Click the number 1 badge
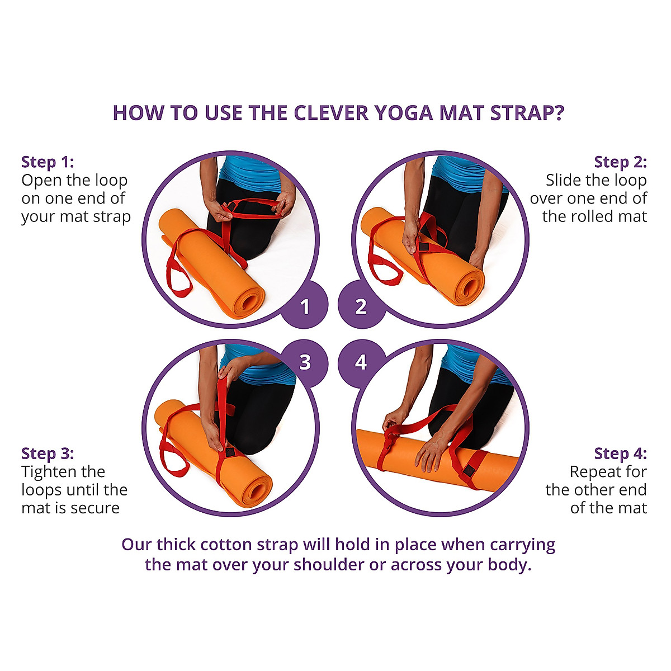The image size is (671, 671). coord(305,306)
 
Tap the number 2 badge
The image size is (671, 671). coord(361,306)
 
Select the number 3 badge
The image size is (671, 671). coord(305,362)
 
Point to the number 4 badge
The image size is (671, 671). coord(361,362)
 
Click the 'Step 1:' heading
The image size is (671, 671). coord(48,162)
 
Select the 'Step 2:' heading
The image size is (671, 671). coord(620,162)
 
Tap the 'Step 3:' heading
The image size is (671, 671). coord(48,453)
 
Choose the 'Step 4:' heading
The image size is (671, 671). coord(620,453)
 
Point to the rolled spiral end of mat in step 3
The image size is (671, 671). coord(255,492)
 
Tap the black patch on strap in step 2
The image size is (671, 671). coord(423,247)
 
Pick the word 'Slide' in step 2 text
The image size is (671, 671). coord(565,181)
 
